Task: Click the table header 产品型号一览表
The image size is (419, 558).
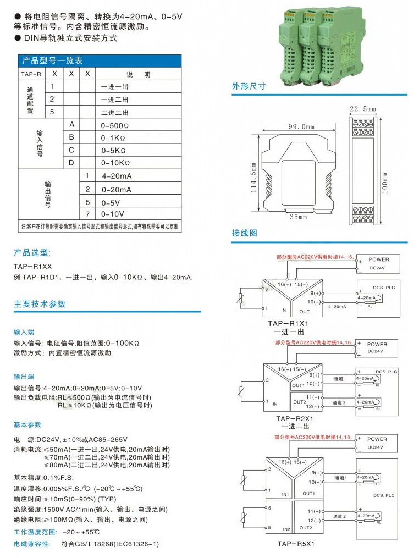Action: click(52, 60)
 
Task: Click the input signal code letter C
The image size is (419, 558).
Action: click(71, 150)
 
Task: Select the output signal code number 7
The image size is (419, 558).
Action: click(87, 213)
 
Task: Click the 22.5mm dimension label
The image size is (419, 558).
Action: click(362, 108)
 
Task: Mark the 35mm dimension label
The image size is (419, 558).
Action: click(299, 217)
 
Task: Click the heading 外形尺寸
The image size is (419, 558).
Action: click(249, 86)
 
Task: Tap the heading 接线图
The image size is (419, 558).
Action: click(245, 233)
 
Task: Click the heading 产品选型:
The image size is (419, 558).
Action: click(32, 253)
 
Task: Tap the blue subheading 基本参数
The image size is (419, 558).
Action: click(27, 425)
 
